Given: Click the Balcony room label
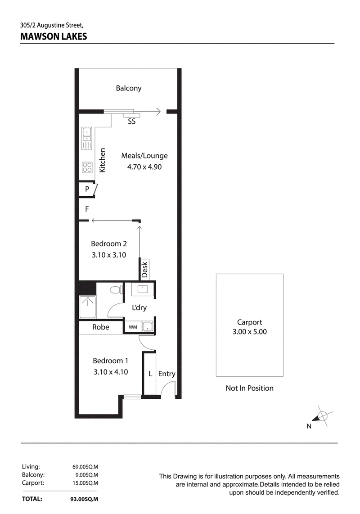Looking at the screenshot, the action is click(129, 88).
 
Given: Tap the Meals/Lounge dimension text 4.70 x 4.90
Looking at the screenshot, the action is click(144, 167).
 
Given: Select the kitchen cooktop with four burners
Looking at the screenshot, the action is click(87, 167).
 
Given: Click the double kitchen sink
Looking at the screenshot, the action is click(86, 139).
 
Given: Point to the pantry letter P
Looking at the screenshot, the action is click(87, 189).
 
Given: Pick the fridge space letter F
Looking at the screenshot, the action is click(87, 209).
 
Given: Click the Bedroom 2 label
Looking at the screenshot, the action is click(109, 243).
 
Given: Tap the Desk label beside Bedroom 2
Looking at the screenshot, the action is click(144, 270).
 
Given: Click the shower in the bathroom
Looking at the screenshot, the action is click(88, 307).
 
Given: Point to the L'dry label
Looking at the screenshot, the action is click(139, 307).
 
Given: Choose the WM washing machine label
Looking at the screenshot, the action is click(133, 327).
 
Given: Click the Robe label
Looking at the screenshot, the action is click(101, 327).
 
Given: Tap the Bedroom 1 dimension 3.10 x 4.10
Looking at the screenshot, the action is click(111, 372).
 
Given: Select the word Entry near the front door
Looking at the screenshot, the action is click(167, 374).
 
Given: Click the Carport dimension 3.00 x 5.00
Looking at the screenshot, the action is click(249, 332).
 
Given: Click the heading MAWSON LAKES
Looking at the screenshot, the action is click(54, 36).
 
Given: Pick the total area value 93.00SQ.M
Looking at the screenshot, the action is click(84, 499).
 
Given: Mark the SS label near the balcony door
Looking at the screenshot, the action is click(131, 121).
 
